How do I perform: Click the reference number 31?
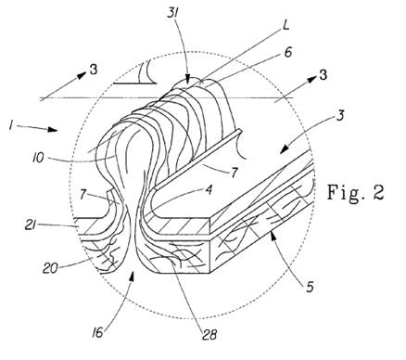point(173,13)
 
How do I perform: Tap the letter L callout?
point(285,25)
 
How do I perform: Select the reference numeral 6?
point(288,52)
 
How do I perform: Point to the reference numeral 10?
point(38,158)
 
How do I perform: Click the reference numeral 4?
point(209,189)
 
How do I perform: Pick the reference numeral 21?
point(31,225)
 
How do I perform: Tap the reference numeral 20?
point(50,268)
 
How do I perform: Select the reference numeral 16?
point(97,333)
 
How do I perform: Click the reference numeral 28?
point(209,334)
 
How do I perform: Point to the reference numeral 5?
point(310,287)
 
